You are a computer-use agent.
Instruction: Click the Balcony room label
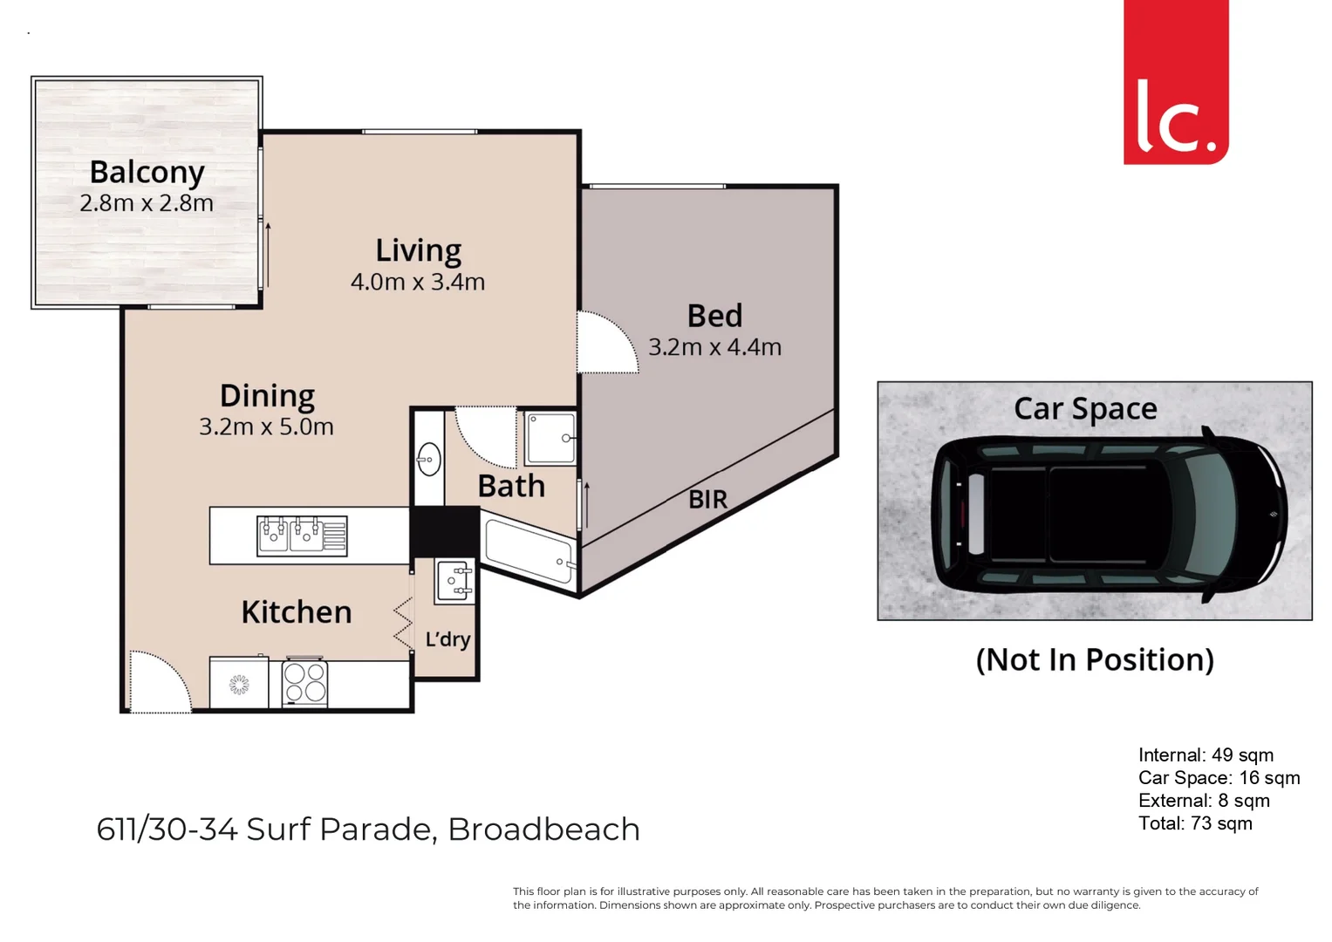147,173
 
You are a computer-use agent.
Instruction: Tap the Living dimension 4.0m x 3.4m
417,282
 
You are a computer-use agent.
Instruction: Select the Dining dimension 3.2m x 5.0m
266,427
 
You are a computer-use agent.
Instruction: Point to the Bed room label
714,316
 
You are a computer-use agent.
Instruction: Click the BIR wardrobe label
707,500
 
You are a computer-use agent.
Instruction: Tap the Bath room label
511,486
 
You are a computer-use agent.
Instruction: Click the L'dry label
447,639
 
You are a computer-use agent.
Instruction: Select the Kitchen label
297,612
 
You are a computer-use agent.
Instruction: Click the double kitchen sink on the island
302,536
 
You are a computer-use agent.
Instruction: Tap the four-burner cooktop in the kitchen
304,682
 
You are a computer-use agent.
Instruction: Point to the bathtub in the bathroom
529,550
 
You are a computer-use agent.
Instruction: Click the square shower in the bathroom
550,439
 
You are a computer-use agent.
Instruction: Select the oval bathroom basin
428,459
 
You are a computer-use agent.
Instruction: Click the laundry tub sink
455,580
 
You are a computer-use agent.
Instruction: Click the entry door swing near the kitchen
159,682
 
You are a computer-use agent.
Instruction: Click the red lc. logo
1175,83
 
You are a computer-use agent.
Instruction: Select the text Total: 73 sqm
1194,823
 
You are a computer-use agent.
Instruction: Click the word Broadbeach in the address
543,829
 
